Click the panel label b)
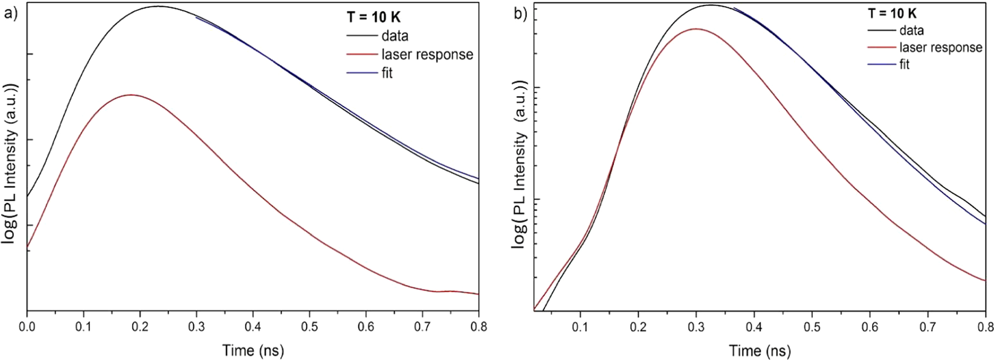520,13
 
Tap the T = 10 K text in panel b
892,13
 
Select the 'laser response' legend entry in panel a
427,54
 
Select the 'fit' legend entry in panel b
904,64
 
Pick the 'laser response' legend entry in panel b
940,47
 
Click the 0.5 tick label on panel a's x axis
309,326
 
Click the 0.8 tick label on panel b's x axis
985,326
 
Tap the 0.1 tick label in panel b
580,326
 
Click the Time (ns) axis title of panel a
253,350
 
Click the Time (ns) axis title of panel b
760,350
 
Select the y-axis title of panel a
10,163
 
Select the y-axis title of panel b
520,163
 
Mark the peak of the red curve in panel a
130,95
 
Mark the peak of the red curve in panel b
696,28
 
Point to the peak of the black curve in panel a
157,6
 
